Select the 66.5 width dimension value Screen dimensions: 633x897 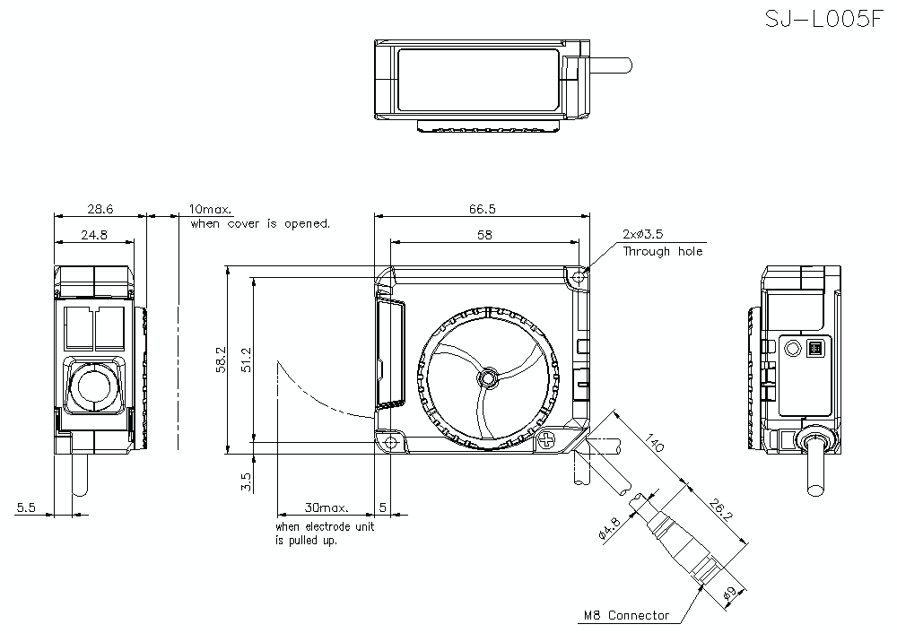coord(482,208)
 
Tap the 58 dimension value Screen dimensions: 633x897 coord(484,234)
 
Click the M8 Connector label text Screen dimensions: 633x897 coord(626,616)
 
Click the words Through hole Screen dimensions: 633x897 coord(663,252)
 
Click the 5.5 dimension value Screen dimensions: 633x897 coord(25,507)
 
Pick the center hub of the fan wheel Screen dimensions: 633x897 coord(486,377)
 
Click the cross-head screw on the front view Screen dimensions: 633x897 coord(549,439)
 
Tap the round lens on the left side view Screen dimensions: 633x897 coord(91,386)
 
